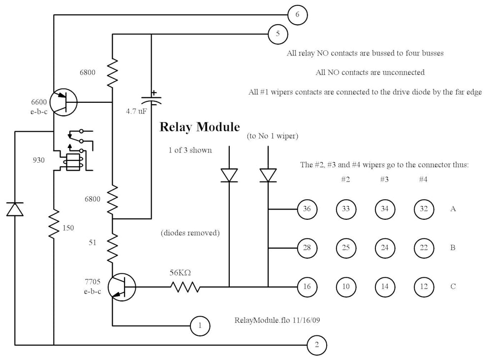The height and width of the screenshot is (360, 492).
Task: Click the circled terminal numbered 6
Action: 297,15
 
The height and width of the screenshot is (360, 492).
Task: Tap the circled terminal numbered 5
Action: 278,34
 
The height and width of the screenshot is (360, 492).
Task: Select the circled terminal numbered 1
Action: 200,325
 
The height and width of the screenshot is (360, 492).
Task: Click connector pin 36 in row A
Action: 307,209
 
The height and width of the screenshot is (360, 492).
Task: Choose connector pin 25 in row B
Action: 346,248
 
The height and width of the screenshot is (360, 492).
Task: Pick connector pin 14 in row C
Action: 385,286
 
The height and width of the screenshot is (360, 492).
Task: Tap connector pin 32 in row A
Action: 424,209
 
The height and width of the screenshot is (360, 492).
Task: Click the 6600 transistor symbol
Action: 63,102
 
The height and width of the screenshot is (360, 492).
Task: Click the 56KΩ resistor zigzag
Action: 185,287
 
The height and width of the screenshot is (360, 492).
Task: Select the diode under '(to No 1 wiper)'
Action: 268,175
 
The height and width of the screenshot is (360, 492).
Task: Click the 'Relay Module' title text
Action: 200,127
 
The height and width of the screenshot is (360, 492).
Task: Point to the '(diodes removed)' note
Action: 190,233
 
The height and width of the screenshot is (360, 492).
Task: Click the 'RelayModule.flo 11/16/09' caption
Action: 278,320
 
